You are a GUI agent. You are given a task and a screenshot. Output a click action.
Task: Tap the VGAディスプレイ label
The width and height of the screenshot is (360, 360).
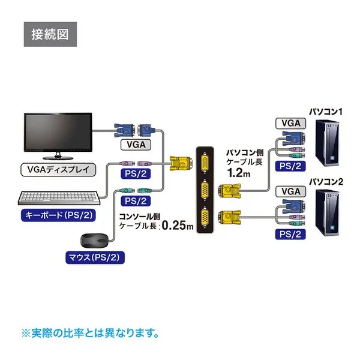[x=58, y=169]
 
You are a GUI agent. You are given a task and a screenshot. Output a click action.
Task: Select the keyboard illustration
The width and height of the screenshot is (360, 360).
[x=58, y=198]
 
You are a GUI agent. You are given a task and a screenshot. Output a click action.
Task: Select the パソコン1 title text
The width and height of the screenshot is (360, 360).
[x=325, y=112]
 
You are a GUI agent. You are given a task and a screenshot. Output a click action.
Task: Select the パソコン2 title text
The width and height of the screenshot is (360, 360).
[x=325, y=181]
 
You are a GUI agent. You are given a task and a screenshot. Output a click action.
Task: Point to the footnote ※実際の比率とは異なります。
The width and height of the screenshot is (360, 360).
[x=90, y=331]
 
